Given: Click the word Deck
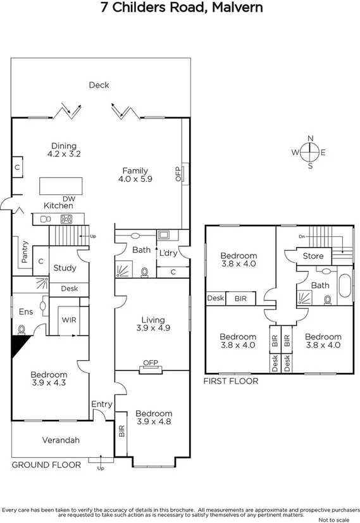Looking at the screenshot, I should [x=99, y=85].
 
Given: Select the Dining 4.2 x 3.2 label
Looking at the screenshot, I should [x=64, y=149].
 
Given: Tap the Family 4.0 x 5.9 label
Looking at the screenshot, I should [x=135, y=175].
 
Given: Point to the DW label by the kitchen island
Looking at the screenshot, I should [x=68, y=199].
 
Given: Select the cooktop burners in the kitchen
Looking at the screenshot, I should [x=66, y=219].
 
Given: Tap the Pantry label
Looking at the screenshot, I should [x=24, y=252].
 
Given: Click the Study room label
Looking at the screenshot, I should [x=65, y=268].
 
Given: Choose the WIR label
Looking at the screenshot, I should [x=69, y=320].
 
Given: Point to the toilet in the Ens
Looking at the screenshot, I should [x=23, y=329].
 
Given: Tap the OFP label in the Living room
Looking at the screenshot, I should [x=149, y=363].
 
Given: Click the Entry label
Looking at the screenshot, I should [x=101, y=404].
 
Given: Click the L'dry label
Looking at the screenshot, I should [x=168, y=253].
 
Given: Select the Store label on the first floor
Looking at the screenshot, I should [x=313, y=256].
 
